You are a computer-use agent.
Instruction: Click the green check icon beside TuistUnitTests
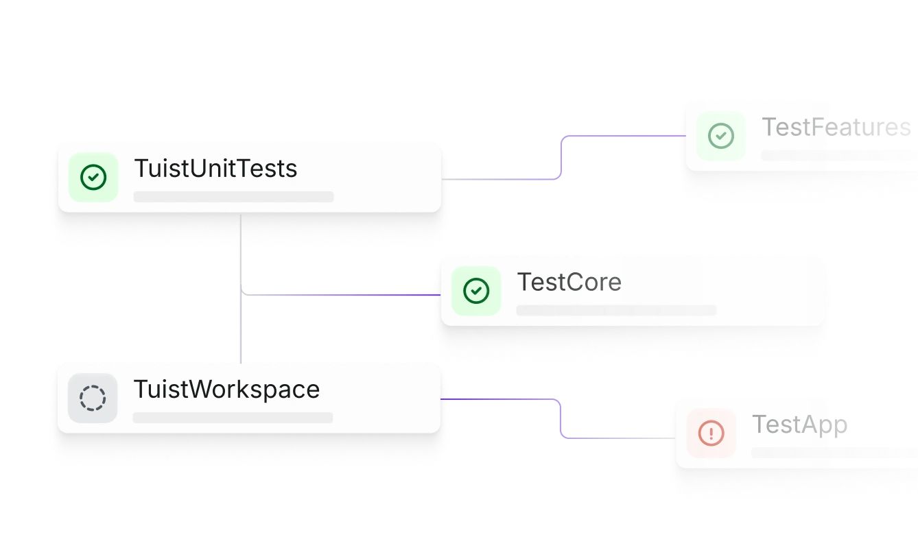pos(93,178)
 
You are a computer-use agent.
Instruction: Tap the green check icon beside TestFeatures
pos(720,136)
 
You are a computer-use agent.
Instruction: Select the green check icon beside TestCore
pos(476,291)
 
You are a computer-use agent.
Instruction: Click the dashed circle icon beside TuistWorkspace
pos(93,399)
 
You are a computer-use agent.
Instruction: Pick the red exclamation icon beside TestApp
pos(711,433)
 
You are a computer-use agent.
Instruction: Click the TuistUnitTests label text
pos(215,168)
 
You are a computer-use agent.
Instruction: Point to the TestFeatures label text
pos(836,127)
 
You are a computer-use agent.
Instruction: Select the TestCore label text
pos(569,282)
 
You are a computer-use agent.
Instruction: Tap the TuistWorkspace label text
pos(226,389)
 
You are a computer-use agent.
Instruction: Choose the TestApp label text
pos(799,424)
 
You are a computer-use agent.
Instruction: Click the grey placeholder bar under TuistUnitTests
pos(233,197)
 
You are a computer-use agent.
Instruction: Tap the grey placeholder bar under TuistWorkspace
pos(233,417)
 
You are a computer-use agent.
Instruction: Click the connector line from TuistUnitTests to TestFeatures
pos(563,158)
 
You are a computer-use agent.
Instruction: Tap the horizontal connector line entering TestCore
pos(343,294)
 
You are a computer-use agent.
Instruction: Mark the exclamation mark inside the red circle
pos(711,433)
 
